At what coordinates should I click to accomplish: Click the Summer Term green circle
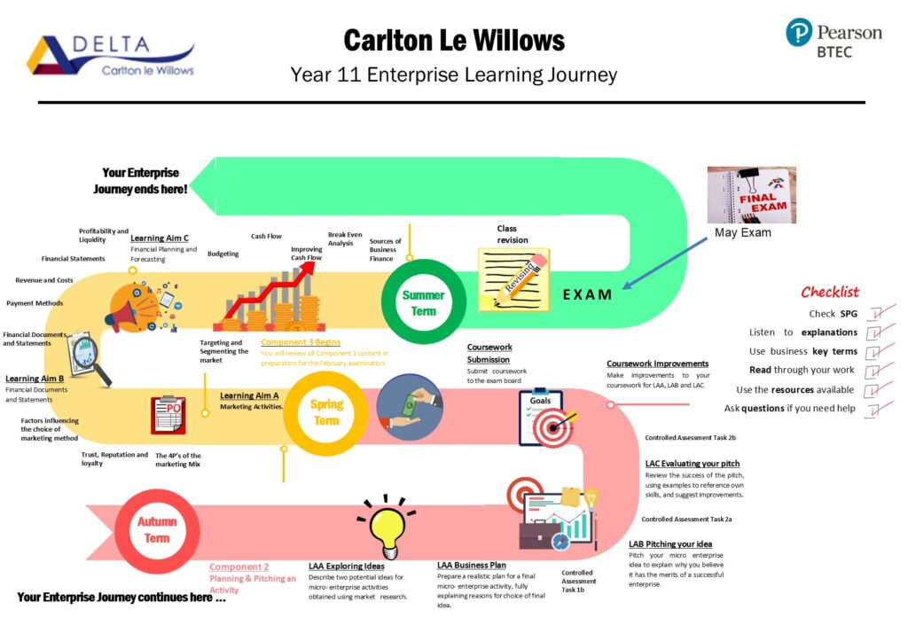pyautogui.click(x=423, y=301)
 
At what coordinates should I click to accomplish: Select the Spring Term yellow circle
pyautogui.click(x=326, y=412)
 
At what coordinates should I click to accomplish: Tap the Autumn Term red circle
pyautogui.click(x=156, y=529)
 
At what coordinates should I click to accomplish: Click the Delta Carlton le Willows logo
pyautogui.click(x=110, y=56)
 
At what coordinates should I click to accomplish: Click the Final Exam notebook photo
pyautogui.click(x=751, y=194)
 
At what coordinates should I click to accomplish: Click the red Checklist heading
pyautogui.click(x=830, y=292)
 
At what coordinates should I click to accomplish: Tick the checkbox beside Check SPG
pyautogui.click(x=874, y=313)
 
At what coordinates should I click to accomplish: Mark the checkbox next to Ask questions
pyautogui.click(x=874, y=409)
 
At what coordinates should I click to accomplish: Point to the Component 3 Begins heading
pyautogui.click(x=300, y=342)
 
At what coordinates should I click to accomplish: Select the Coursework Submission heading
pyautogui.click(x=489, y=353)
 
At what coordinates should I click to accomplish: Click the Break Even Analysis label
pyautogui.click(x=345, y=239)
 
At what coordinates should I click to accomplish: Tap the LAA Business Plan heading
pyautogui.click(x=472, y=565)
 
